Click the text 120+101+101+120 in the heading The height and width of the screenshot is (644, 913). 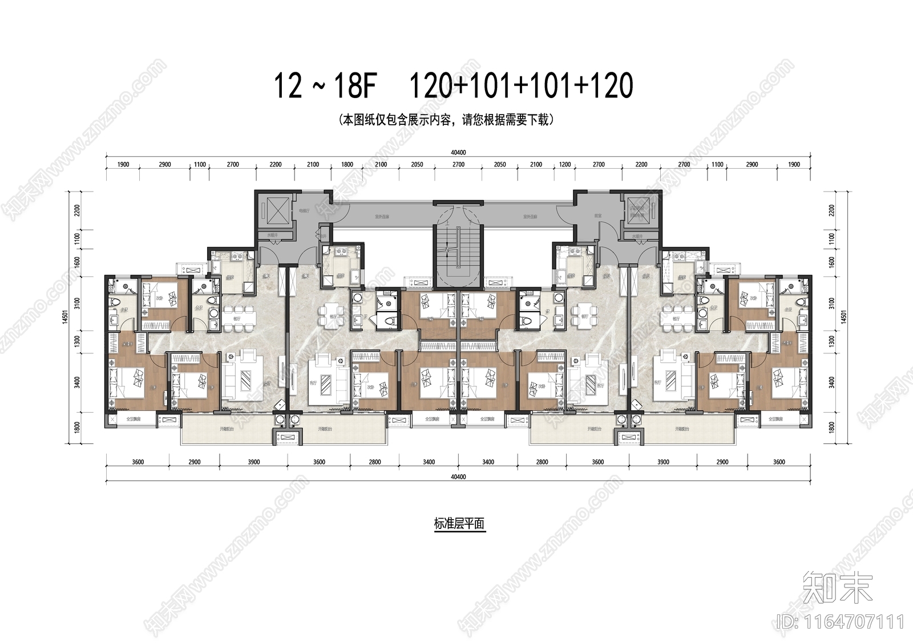click(x=521, y=87)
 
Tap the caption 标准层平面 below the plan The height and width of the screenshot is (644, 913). click(x=459, y=524)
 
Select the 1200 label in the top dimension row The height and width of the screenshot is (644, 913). click(x=565, y=165)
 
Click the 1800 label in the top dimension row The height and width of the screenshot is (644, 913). click(x=347, y=165)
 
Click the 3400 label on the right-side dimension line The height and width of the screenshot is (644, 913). click(x=831, y=382)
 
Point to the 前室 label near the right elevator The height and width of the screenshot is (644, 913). click(x=598, y=216)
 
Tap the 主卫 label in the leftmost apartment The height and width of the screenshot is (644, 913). click(x=122, y=311)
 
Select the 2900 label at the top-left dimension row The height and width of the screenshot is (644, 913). click(x=165, y=165)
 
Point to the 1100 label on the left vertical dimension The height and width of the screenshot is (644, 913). click(x=77, y=239)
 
